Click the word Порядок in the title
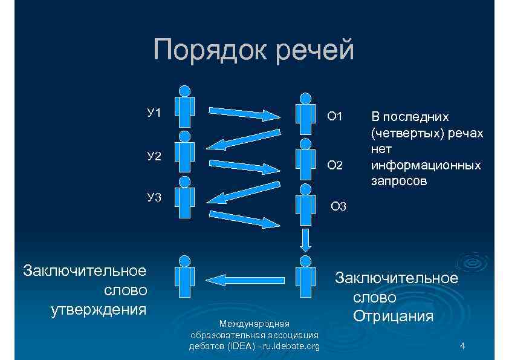tap(209, 50)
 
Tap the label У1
tap(154, 113)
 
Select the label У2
tap(154, 157)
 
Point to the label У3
tap(154, 197)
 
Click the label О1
tap(335, 116)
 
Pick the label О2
tap(335, 165)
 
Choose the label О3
tap(339, 207)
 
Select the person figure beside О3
tap(306, 203)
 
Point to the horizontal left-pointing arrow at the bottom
tap(239, 279)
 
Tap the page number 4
tap(462, 346)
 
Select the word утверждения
tap(99, 310)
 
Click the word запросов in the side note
tap(398, 181)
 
